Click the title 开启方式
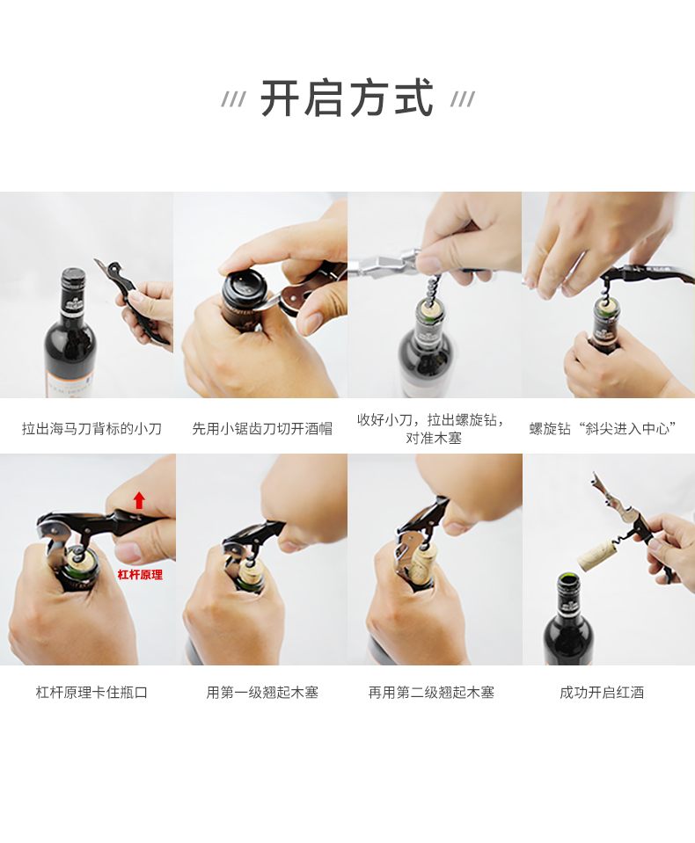tap(347, 98)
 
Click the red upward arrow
tap(139, 500)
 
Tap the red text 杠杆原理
tap(140, 575)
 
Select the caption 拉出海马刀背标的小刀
tap(91, 428)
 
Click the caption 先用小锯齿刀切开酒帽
tap(262, 428)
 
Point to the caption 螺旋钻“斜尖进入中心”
tap(603, 428)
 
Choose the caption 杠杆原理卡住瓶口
tap(91, 692)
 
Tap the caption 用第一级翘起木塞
tap(262, 692)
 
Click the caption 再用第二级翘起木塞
tap(431, 692)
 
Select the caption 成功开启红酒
tap(602, 692)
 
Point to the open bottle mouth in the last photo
tap(568, 579)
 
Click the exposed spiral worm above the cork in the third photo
tap(434, 288)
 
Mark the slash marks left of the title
tap(233, 99)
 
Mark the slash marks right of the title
tap(463, 99)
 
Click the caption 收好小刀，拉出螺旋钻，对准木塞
tap(432, 429)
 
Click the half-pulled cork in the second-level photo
tap(422, 563)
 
